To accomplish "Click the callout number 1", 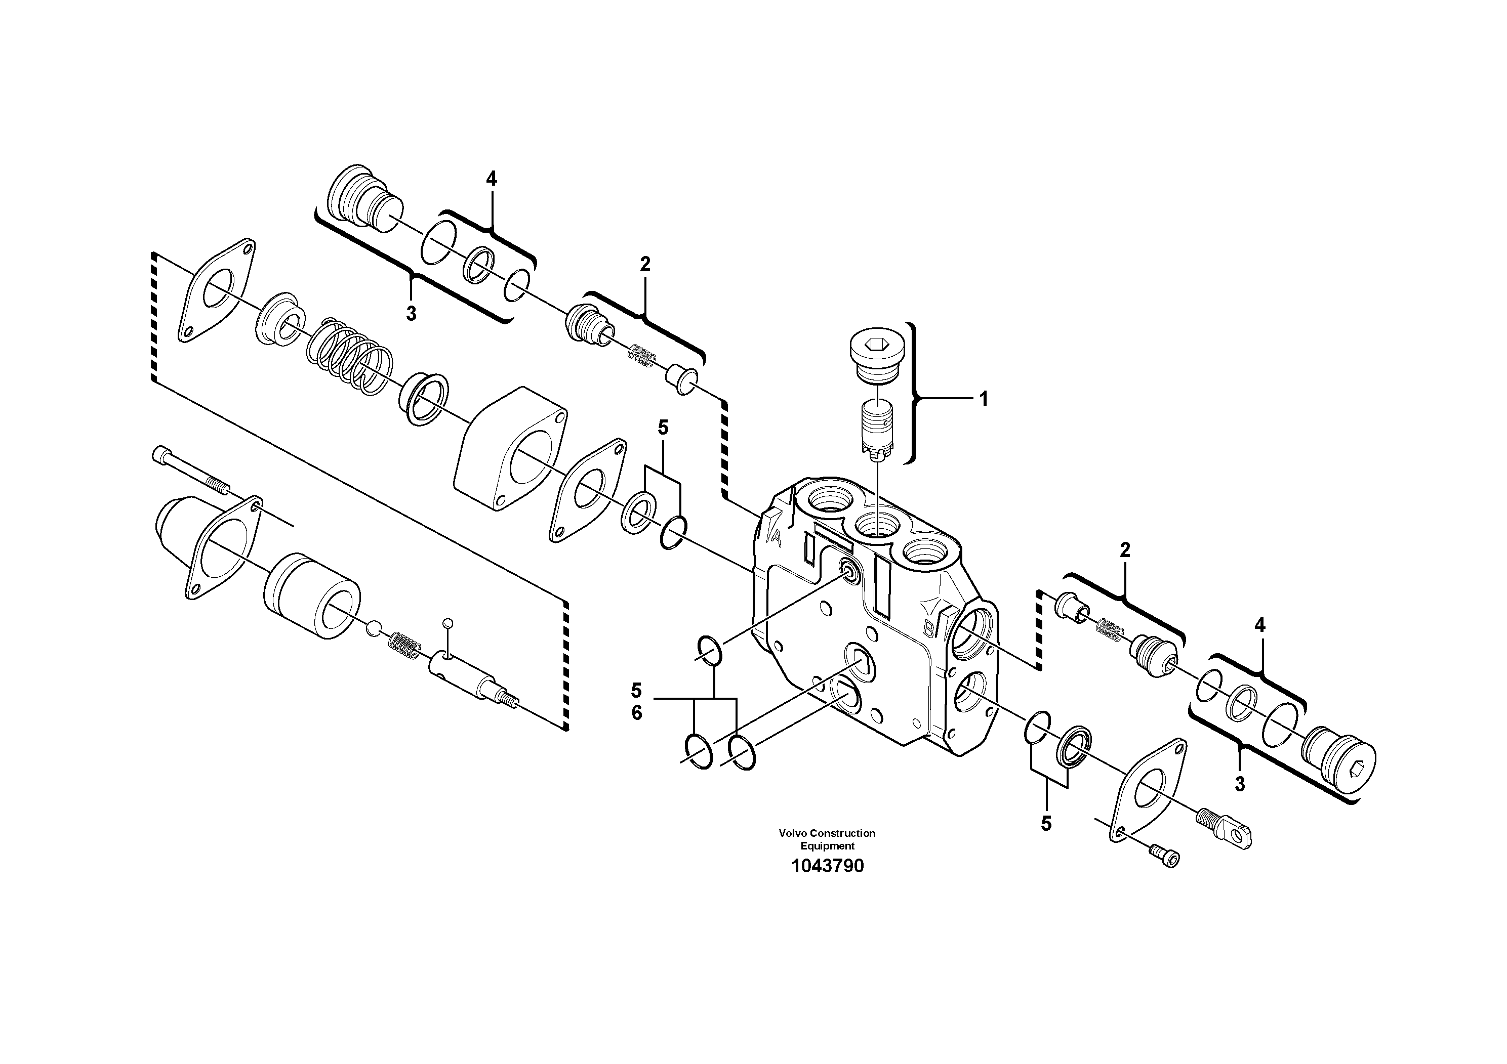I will tap(983, 399).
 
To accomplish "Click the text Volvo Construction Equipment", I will tap(827, 839).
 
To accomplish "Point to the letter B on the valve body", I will tap(929, 630).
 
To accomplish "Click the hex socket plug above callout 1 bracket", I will tap(876, 358).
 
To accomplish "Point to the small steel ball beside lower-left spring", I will tap(372, 628).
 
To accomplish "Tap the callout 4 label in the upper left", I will tap(491, 179).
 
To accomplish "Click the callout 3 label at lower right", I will tap(1239, 784).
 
